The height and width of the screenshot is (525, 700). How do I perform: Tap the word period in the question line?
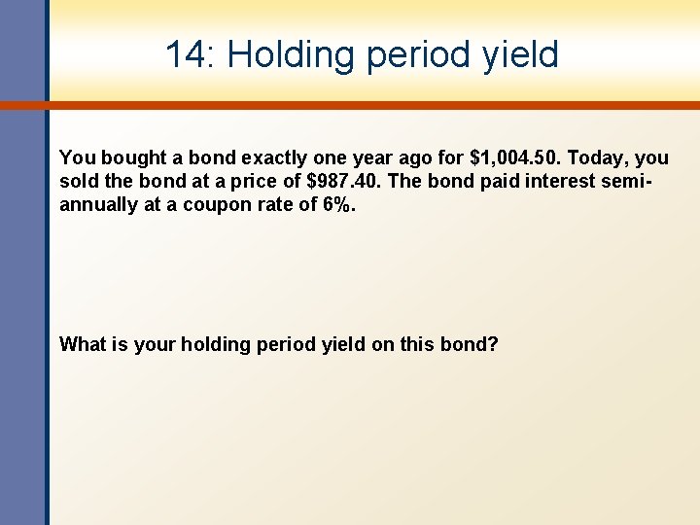287,343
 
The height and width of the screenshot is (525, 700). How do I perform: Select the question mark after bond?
493,343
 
